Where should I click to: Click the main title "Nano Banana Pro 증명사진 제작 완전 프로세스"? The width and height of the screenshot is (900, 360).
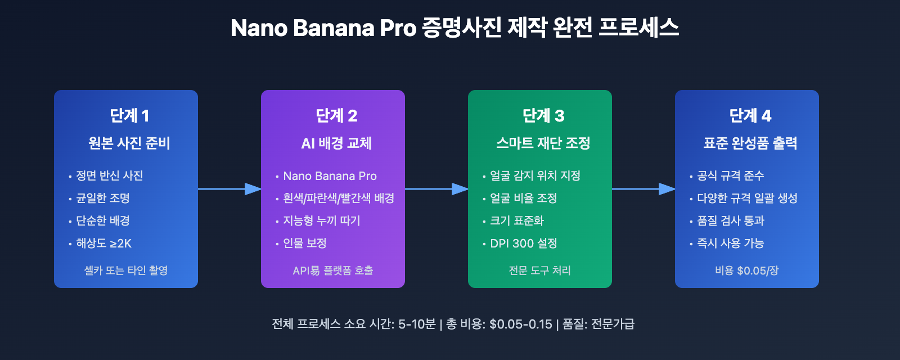click(x=454, y=28)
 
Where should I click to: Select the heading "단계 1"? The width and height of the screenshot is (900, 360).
click(x=129, y=116)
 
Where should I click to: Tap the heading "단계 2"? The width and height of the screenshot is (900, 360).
click(x=336, y=116)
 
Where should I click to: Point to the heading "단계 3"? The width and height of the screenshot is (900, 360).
click(x=543, y=116)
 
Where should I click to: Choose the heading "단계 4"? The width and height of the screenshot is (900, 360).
click(x=750, y=116)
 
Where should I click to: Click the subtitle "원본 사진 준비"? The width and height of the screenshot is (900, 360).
click(x=129, y=143)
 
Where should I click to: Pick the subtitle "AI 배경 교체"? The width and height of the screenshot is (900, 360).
click(x=336, y=143)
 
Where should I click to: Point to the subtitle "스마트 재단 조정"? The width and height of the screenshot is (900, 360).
click(x=543, y=143)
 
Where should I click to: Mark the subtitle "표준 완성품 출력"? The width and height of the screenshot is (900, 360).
click(x=750, y=143)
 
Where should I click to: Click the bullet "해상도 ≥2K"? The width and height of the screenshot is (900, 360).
click(x=103, y=244)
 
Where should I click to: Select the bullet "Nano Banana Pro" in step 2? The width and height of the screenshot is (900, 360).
click(x=330, y=176)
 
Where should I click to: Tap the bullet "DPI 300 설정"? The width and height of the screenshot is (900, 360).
click(x=523, y=244)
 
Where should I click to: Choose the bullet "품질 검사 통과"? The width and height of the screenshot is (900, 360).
click(x=730, y=221)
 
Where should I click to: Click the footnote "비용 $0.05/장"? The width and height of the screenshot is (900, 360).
click(x=746, y=271)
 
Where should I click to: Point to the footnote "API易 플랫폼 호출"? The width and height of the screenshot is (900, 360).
click(x=332, y=271)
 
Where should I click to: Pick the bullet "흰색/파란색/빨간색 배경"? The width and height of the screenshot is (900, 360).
click(x=338, y=199)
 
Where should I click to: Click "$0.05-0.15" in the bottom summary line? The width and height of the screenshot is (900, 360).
click(x=520, y=325)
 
